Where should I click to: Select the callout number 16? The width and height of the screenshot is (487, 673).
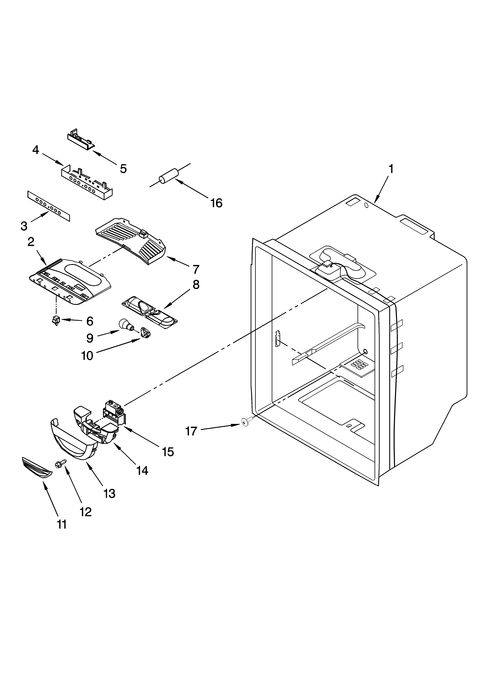click(x=216, y=203)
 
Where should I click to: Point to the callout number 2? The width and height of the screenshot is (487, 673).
click(x=31, y=242)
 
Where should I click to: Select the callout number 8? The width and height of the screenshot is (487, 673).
click(x=196, y=285)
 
